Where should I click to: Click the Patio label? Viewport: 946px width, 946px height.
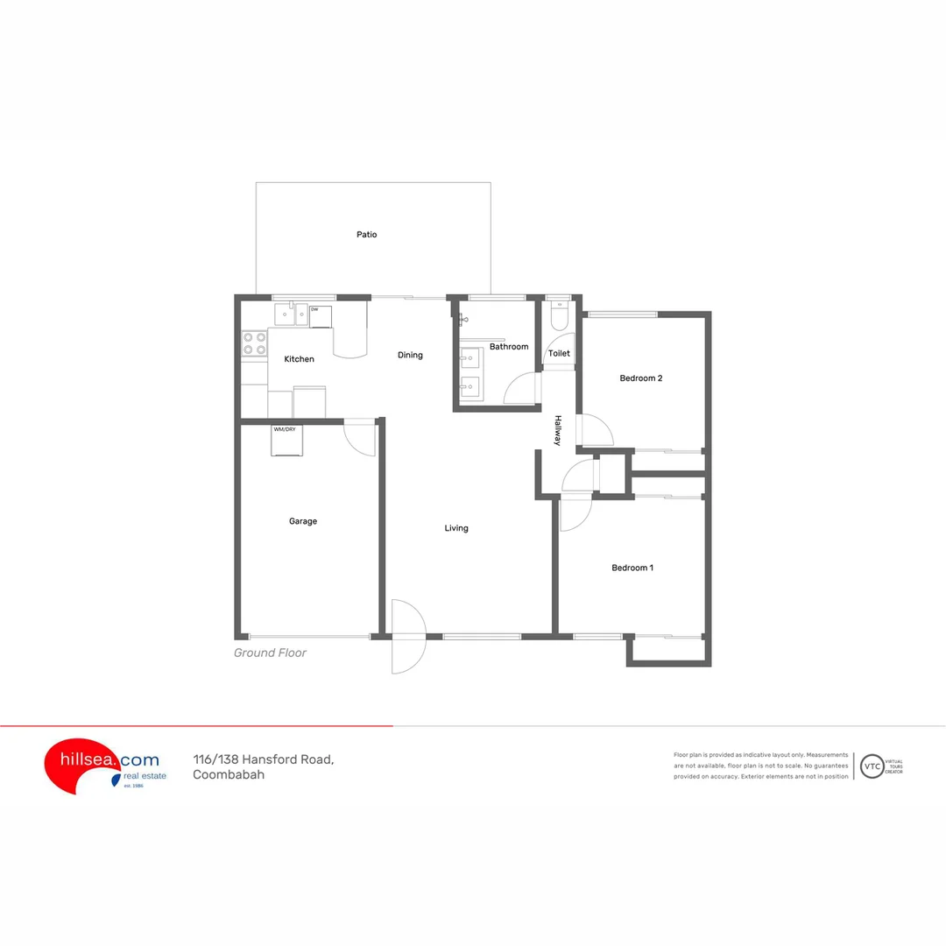click(x=366, y=235)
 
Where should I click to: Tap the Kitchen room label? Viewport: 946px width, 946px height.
click(x=299, y=359)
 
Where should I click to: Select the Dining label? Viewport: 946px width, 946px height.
click(x=410, y=355)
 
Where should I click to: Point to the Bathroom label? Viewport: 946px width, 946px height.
click(x=509, y=347)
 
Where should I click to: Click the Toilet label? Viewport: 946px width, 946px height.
click(x=559, y=354)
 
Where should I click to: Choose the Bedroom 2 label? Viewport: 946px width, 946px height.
click(x=640, y=378)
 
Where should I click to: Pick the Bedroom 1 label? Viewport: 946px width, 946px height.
click(x=632, y=568)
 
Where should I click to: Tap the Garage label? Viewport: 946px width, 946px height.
click(x=303, y=521)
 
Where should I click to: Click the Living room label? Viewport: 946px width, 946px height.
click(x=456, y=528)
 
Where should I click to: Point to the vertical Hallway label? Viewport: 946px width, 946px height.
click(x=557, y=431)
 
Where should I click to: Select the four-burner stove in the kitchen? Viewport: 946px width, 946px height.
click(x=255, y=343)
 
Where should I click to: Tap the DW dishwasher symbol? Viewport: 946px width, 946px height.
click(x=321, y=315)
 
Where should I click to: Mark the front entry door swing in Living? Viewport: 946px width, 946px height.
click(x=408, y=636)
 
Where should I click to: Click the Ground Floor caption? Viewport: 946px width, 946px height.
click(x=270, y=653)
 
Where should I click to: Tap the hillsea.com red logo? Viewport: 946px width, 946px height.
click(x=83, y=765)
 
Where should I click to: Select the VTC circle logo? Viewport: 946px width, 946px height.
click(x=872, y=766)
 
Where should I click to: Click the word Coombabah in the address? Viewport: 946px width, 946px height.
click(x=229, y=775)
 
